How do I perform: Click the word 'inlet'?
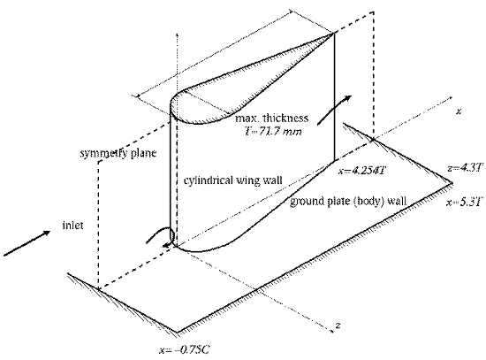point(72,225)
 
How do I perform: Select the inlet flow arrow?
point(27,243)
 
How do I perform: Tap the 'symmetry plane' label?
point(118,153)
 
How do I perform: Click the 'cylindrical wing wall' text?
point(232,180)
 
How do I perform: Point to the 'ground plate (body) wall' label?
point(348,202)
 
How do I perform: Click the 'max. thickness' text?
point(272,118)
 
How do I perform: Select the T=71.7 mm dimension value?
point(273,131)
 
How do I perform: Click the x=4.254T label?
point(361,171)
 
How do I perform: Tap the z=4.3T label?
point(465,168)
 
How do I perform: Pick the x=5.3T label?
point(465,203)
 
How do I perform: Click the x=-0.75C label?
point(185,350)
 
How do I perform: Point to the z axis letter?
point(338,326)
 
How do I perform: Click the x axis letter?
point(459,111)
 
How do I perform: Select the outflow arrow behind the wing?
point(334,110)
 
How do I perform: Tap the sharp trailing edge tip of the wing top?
point(334,33)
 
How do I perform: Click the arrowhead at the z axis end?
point(331,331)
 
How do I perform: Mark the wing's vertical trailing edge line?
point(334,96)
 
